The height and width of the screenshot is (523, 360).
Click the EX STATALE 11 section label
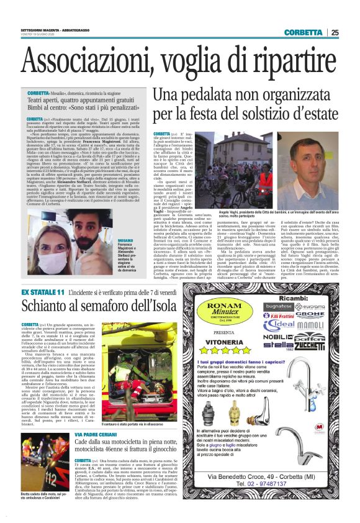pyautogui.click(x=43, y=291)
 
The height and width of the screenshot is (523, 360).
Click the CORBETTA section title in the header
pyautogui.click(x=304, y=33)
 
